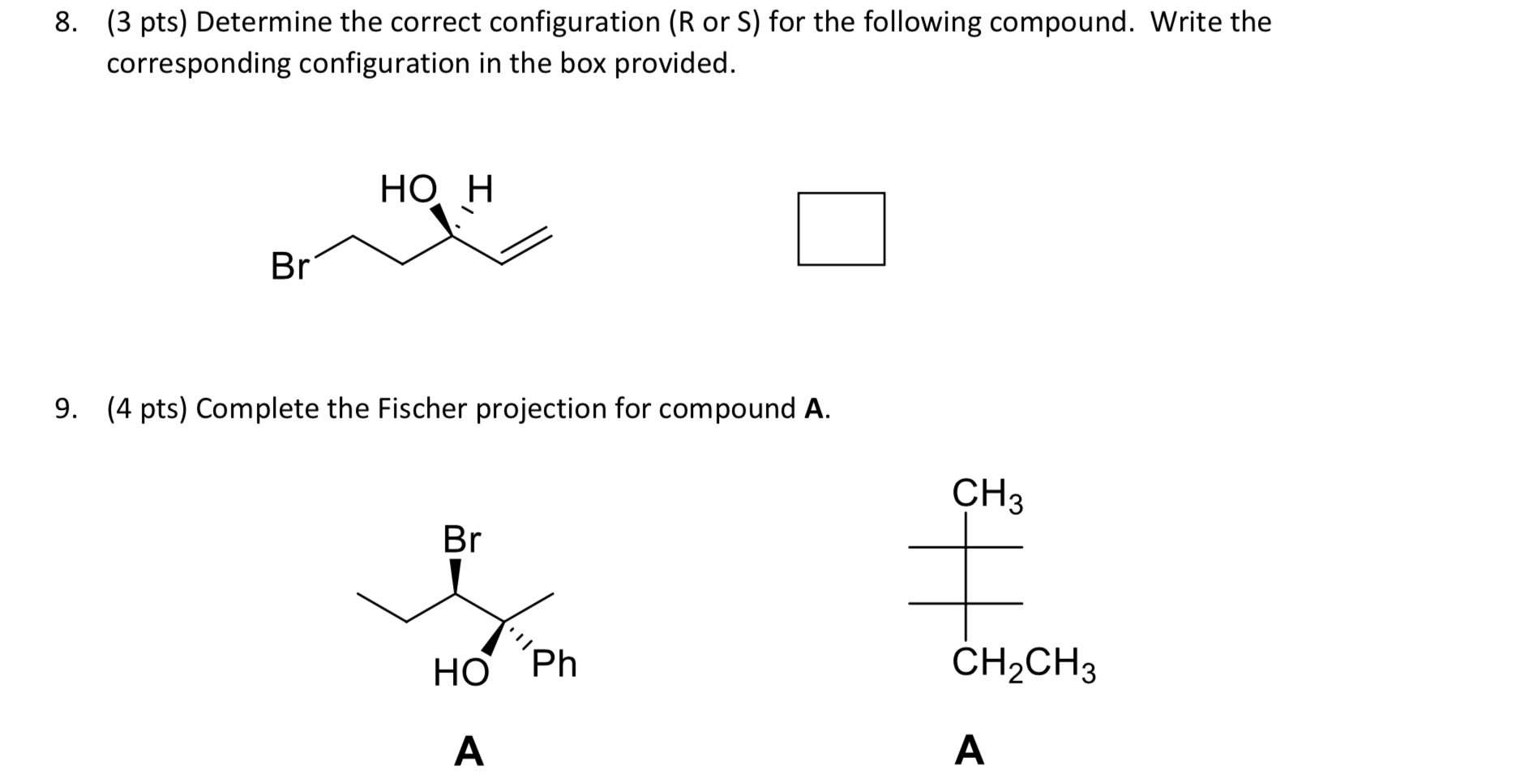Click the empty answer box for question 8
(841, 229)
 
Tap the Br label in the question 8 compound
(289, 266)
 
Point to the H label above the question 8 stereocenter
(480, 190)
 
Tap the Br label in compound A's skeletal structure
(462, 539)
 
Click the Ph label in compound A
(554, 664)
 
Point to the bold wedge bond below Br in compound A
(456, 576)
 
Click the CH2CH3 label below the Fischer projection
(1024, 664)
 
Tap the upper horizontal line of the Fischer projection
(965, 547)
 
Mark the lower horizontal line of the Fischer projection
(965, 603)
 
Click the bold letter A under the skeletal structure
(469, 751)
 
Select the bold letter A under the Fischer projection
(970, 750)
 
